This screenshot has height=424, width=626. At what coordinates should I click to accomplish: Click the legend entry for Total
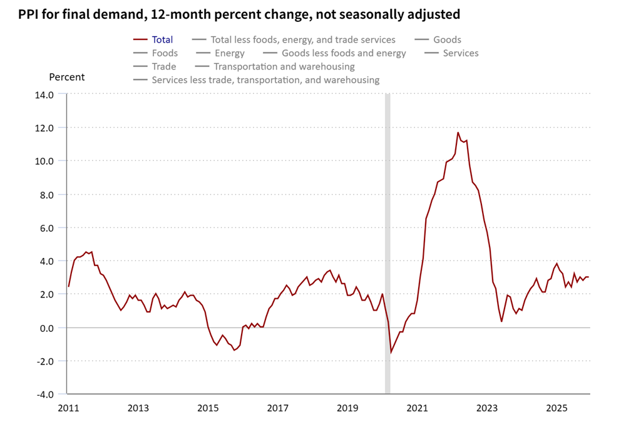point(162,39)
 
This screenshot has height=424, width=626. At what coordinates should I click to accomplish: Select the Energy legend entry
point(229,53)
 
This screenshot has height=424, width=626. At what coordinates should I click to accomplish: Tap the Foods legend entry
point(165,53)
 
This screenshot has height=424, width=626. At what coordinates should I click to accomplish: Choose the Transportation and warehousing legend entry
point(284,66)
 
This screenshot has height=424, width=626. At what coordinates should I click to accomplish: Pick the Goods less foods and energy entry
point(343,53)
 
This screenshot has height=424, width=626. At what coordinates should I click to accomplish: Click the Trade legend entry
point(163,66)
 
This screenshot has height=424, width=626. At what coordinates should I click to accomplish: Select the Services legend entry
point(460,53)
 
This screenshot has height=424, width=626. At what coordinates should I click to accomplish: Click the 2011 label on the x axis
point(68,408)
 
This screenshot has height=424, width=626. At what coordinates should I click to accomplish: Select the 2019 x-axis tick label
point(347,408)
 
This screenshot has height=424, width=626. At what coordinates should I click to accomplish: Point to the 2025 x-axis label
point(557,408)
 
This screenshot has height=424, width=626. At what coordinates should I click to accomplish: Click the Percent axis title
point(66,77)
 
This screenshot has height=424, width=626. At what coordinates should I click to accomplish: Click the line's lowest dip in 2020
point(391,353)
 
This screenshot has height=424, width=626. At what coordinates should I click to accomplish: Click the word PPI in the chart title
point(29,13)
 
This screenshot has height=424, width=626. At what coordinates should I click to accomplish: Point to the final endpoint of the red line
point(588,277)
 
